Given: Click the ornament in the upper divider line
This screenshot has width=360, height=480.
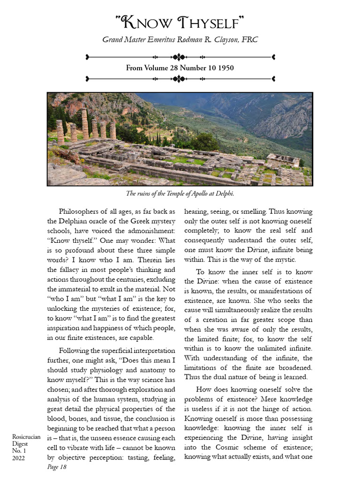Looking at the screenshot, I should (x=179, y=57).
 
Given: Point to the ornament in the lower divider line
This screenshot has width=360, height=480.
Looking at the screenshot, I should (x=179, y=79).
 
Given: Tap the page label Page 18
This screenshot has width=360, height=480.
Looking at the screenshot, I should (x=57, y=467).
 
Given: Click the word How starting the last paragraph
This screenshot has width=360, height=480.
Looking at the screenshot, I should (x=204, y=390).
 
